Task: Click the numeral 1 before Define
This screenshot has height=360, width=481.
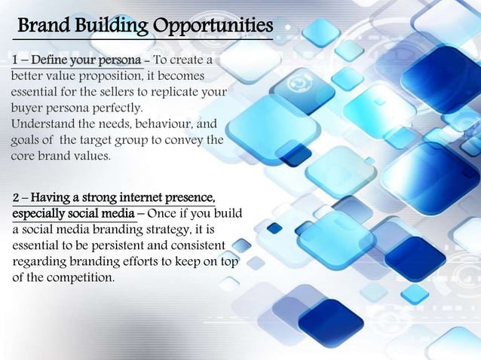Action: pos(14,59)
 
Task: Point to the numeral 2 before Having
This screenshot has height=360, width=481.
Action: pos(17,198)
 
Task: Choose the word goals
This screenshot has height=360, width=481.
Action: pos(26,141)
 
